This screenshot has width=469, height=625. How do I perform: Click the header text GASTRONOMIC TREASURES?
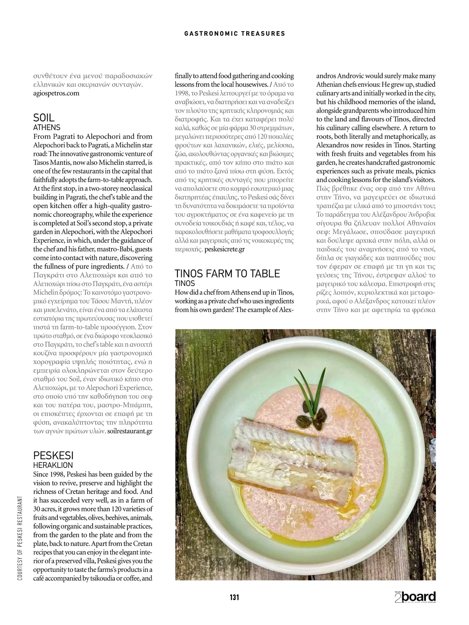tap(234, 34)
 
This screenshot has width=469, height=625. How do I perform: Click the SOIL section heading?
tap(44, 118)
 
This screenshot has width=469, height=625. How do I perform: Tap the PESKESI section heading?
tap(53, 455)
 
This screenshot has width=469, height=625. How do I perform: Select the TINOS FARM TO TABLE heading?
tap(227, 273)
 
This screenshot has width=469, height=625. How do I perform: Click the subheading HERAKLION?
tap(53, 465)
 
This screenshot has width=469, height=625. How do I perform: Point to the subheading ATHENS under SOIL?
tap(47, 127)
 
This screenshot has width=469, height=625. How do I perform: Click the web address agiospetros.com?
tap(56, 93)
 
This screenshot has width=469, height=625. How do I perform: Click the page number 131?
tap(234, 597)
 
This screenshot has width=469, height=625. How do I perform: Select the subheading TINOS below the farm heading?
tap(184, 283)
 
